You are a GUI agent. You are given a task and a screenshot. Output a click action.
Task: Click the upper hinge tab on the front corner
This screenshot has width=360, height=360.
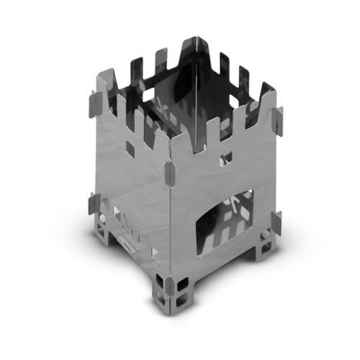168,172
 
